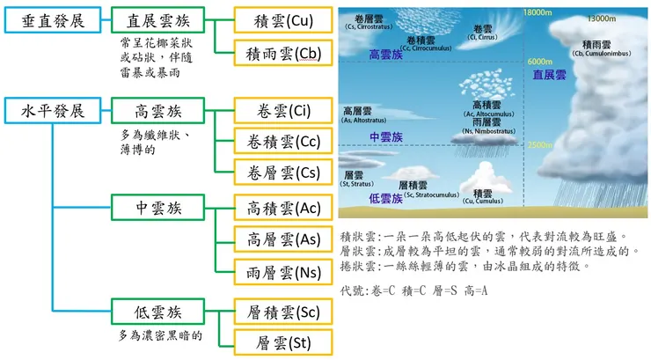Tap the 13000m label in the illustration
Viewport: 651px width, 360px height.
(601, 18)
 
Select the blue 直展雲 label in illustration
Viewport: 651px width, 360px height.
(550, 76)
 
